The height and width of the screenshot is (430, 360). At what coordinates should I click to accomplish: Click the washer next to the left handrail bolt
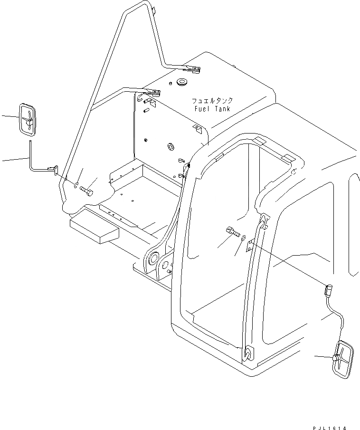(x=76, y=184)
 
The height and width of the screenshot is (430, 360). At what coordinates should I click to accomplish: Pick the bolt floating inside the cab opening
(x=232, y=233)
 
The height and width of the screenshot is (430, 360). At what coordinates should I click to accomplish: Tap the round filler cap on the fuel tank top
(x=181, y=83)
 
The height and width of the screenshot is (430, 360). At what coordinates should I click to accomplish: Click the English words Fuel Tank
(x=212, y=109)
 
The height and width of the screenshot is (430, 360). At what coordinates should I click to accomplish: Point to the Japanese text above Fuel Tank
(x=212, y=101)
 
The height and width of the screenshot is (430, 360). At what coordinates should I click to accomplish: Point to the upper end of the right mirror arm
(x=328, y=288)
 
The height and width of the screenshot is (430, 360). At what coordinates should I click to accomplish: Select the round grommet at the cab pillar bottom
(x=247, y=353)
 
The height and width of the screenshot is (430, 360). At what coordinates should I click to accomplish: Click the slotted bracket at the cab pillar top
(x=263, y=220)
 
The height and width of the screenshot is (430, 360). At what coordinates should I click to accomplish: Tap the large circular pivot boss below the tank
(x=153, y=259)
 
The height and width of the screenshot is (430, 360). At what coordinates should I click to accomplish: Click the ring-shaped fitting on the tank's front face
(x=169, y=146)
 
